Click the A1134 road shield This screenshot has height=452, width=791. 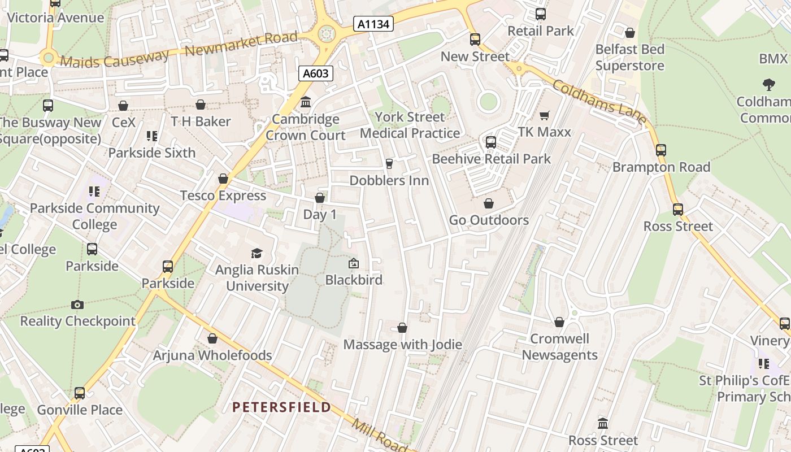click(x=373, y=24)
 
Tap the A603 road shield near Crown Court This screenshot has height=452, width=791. click(x=315, y=73)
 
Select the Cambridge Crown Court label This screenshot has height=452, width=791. click(x=306, y=127)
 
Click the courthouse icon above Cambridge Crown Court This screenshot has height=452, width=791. click(x=306, y=102)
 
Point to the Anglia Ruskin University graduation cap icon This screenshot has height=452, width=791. click(x=257, y=253)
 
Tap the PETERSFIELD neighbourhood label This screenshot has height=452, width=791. click(x=281, y=407)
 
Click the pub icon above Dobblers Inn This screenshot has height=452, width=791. click(x=389, y=164)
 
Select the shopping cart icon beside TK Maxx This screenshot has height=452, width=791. click(x=545, y=115)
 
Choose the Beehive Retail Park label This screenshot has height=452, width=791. click(x=491, y=159)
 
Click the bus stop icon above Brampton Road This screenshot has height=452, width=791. click(x=661, y=150)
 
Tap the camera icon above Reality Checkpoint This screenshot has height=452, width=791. click(x=77, y=305)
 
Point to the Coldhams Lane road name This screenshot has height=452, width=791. click(x=599, y=102)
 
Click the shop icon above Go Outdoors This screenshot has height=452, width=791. click(x=489, y=203)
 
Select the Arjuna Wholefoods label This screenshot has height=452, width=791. click(x=212, y=355)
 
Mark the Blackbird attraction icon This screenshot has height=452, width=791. click(x=354, y=263)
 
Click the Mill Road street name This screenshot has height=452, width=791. click(x=379, y=434)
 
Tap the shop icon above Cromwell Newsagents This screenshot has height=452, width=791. click(x=559, y=322)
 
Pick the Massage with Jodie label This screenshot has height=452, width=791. click(x=402, y=344)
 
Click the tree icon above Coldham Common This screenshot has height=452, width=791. click(x=768, y=85)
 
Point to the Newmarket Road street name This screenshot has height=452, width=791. click(x=241, y=45)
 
